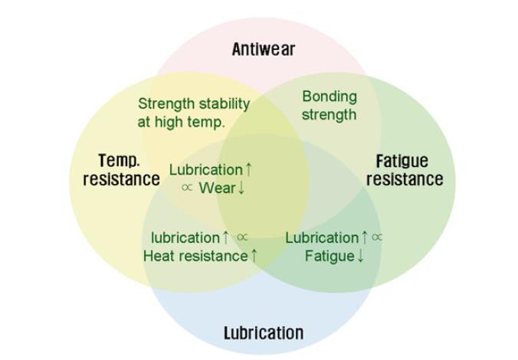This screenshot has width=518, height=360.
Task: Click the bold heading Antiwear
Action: pyautogui.click(x=263, y=50)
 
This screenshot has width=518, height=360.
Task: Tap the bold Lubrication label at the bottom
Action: pyautogui.click(x=263, y=332)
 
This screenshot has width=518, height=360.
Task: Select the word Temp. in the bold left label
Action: pyautogui.click(x=120, y=161)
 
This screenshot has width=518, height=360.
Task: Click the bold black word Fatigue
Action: pyautogui.click(x=402, y=162)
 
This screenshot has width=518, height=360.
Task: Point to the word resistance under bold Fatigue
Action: pyautogui.click(x=405, y=180)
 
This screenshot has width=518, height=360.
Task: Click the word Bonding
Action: pyautogui.click(x=329, y=97)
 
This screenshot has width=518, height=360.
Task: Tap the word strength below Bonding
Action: pyautogui.click(x=329, y=115)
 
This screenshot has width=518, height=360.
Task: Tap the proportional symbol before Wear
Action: pyautogui.click(x=187, y=188)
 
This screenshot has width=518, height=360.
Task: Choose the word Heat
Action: pyautogui.click(x=159, y=256)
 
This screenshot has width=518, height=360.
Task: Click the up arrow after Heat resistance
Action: pyautogui.click(x=254, y=256)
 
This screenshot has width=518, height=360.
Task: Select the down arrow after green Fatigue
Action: pyautogui.click(x=360, y=256)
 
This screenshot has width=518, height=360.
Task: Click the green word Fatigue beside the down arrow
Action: pyautogui.click(x=329, y=256)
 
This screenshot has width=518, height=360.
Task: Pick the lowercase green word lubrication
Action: pyautogui.click(x=185, y=237)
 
